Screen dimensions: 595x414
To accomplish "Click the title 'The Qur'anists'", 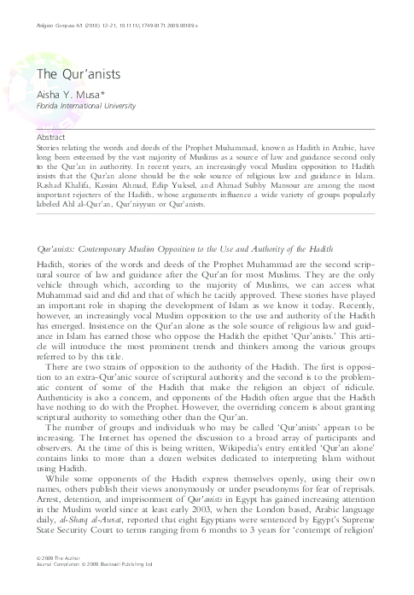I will point(66,75).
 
